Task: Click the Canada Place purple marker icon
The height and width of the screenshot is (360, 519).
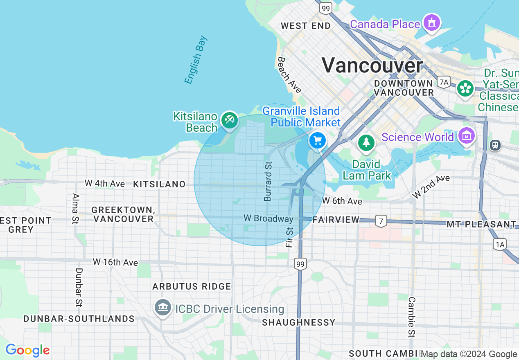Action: [x=432, y=23]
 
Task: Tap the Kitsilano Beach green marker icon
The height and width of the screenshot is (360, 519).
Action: [x=229, y=120]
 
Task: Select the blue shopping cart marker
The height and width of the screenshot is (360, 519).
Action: [x=318, y=141]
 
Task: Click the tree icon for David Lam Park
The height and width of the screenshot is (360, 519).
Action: [x=366, y=143]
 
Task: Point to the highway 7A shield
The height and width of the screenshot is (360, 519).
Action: [x=443, y=82]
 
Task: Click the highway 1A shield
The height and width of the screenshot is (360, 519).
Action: [x=500, y=245]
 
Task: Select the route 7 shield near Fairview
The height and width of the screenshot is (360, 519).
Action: [x=381, y=221]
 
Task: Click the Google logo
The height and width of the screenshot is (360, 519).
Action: [x=27, y=350]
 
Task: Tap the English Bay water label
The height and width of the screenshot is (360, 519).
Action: [x=196, y=60]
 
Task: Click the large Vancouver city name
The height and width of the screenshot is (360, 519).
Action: [x=372, y=65]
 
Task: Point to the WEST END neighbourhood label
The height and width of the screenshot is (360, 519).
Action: [x=306, y=26]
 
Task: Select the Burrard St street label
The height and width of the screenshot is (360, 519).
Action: [x=268, y=181]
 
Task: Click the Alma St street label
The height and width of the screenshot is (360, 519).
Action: [x=75, y=209]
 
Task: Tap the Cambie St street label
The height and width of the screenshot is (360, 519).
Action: [x=411, y=317]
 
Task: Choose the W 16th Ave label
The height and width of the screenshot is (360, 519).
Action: [x=115, y=262]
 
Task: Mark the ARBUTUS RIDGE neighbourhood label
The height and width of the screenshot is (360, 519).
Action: [x=192, y=286]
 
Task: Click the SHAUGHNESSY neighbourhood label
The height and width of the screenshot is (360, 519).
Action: [x=298, y=322]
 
